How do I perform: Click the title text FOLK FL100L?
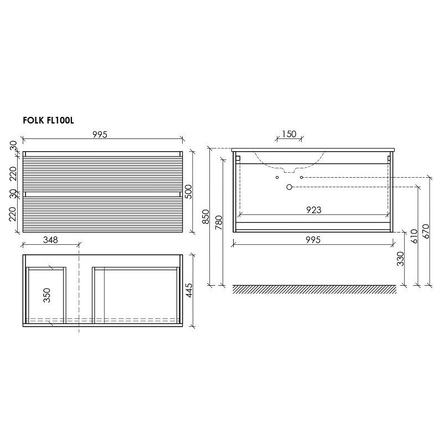pyautogui.click(x=48, y=121)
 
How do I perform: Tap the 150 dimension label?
pyautogui.click(x=289, y=134)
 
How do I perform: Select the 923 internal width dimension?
pyautogui.click(x=314, y=210)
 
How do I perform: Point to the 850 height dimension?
pyautogui.click(x=206, y=217)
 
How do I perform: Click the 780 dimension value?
pyautogui.click(x=219, y=223)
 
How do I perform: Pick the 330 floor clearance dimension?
pyautogui.click(x=400, y=259)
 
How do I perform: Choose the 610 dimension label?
pyautogui.click(x=414, y=236)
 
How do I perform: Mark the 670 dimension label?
pyautogui.click(x=426, y=231)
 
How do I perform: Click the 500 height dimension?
pyautogui.click(x=188, y=192)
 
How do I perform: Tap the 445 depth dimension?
pyautogui.click(x=189, y=290)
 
